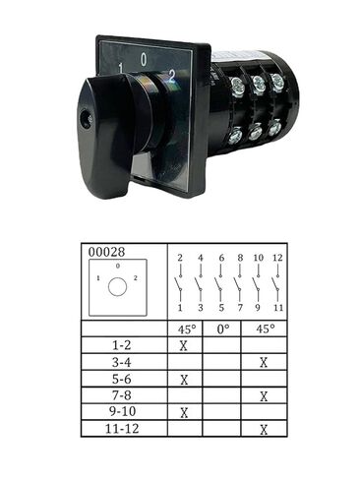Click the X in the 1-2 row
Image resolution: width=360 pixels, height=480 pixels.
click(184, 346)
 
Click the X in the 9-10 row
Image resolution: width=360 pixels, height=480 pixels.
click(184, 413)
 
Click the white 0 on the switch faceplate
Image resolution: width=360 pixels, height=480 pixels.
click(145, 59)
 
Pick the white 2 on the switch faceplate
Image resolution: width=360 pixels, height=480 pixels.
click(172, 71)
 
